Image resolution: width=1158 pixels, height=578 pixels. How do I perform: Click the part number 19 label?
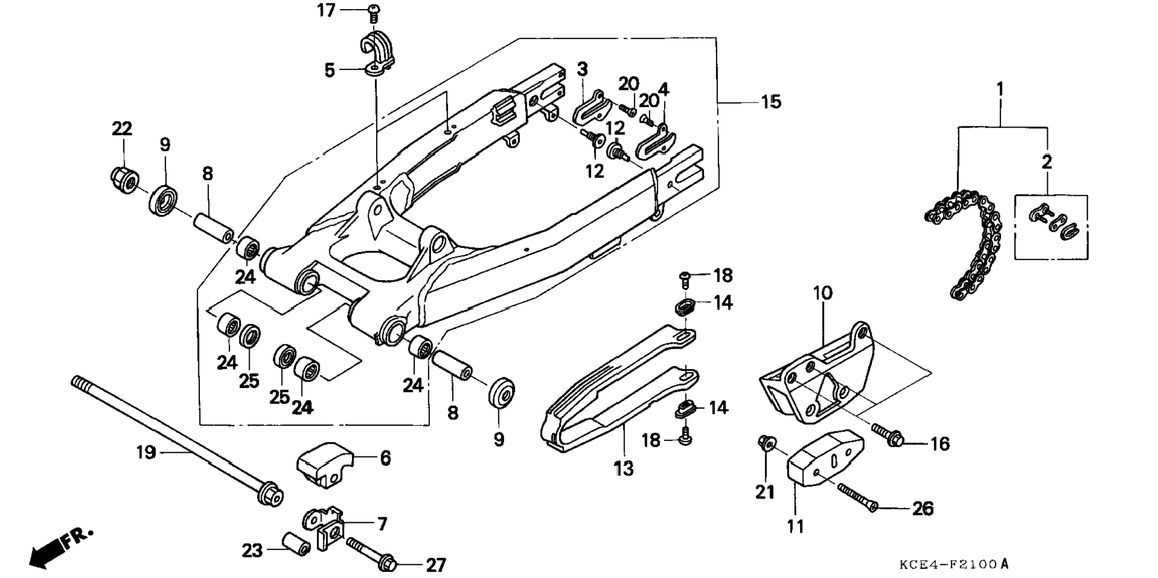click(145, 452)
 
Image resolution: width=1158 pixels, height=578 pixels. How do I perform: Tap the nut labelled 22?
click(125, 178)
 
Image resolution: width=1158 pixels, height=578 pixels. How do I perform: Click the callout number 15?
click(771, 102)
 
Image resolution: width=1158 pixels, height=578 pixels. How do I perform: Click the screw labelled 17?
click(374, 11)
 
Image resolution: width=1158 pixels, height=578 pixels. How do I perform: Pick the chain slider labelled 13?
click(617, 383)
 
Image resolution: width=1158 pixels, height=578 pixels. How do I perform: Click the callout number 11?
click(795, 526)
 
